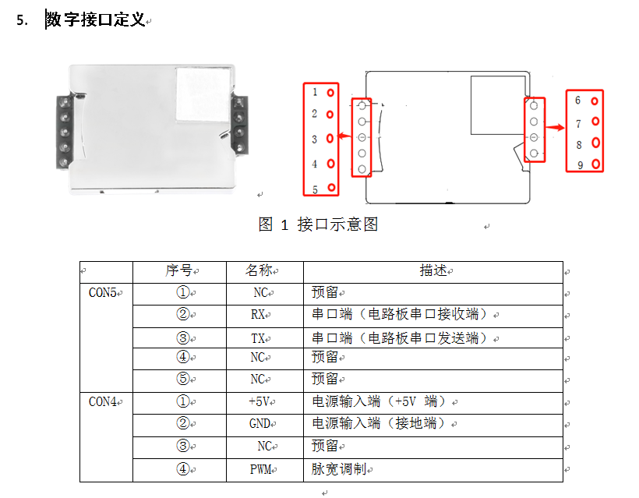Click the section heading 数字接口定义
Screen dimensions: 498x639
[95, 20]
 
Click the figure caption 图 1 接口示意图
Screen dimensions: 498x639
[318, 224]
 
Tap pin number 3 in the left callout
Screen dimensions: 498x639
[315, 139]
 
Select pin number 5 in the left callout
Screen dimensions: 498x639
[315, 189]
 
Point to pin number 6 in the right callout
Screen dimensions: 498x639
[578, 101]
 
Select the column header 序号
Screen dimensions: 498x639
[178, 270]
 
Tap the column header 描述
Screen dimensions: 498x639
[433, 270]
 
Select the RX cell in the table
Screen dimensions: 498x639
[259, 315]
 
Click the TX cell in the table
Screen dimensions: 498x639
[259, 337]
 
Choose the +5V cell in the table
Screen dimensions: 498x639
[258, 402]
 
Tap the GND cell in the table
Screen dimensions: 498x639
[259, 424]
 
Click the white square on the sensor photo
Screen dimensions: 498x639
[203, 94]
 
